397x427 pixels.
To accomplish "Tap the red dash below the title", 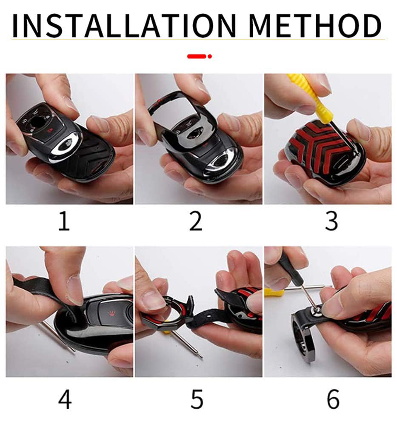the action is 197,56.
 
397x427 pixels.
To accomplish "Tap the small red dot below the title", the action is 209,56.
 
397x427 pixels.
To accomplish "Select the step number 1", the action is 64,221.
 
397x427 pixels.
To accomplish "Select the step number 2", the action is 196,221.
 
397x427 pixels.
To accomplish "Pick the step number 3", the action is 332,221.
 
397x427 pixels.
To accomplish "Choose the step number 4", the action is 65,399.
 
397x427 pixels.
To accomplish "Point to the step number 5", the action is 197,399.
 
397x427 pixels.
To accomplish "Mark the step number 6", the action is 333,399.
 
